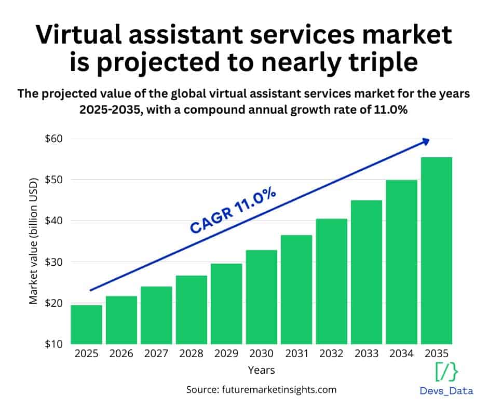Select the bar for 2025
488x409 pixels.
coord(86,324)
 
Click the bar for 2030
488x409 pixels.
coord(261,297)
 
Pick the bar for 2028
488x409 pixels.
coord(191,309)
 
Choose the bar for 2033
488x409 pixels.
coord(366,272)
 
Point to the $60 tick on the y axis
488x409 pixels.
coord(53,139)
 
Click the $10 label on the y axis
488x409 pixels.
coord(53,344)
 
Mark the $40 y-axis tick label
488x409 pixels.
coord(53,221)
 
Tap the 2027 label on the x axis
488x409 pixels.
coord(156,355)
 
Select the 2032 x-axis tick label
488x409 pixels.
coord(331,355)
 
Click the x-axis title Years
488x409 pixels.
coord(261,370)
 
